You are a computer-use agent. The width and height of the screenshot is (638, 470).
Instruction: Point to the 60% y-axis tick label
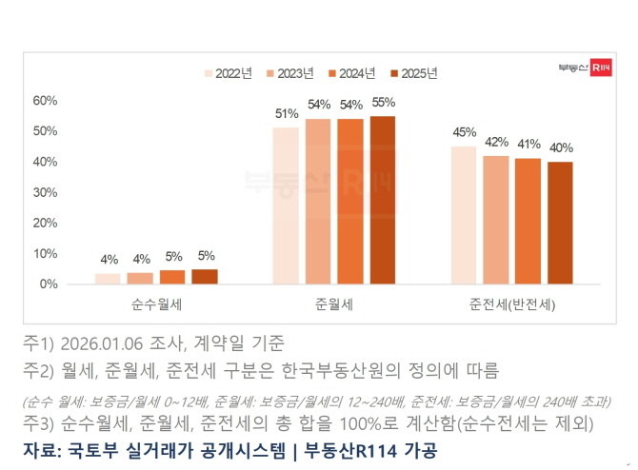[46, 100]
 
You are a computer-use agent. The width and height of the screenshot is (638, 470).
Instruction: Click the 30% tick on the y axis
[46, 192]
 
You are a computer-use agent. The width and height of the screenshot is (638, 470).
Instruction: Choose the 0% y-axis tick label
[50, 284]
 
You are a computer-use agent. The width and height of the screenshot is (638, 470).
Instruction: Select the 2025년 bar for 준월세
[382, 200]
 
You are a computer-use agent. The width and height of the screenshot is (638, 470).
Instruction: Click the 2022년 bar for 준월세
[286, 206]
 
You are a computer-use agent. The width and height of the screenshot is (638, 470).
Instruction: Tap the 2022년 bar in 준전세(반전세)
[464, 215]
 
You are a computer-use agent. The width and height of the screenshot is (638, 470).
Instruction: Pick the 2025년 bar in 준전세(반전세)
[560, 223]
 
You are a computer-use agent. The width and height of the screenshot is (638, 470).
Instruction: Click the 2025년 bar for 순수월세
[205, 277]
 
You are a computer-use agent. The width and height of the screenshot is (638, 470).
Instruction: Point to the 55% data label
[383, 103]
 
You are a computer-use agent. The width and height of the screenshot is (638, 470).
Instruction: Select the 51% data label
[287, 114]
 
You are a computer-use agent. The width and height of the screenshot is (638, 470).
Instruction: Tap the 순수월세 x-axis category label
[157, 306]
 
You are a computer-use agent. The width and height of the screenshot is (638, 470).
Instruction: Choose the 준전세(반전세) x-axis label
[512, 306]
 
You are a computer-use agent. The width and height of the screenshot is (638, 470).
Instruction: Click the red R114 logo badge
[600, 68]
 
